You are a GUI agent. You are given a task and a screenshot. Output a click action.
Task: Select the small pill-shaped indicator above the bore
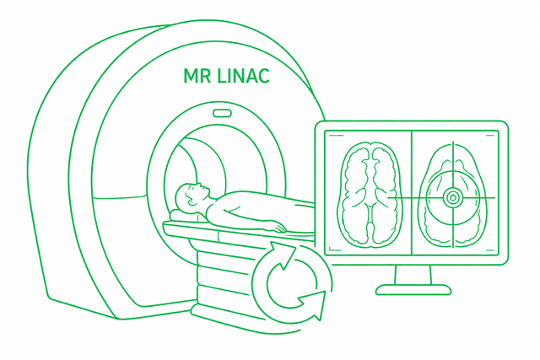tap(222, 112)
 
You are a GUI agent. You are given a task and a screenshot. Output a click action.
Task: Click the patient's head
tap(191, 196)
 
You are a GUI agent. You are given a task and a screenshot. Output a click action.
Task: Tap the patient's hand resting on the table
tap(275, 227)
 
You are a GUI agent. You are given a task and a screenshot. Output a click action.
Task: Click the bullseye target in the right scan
tap(451, 198)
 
